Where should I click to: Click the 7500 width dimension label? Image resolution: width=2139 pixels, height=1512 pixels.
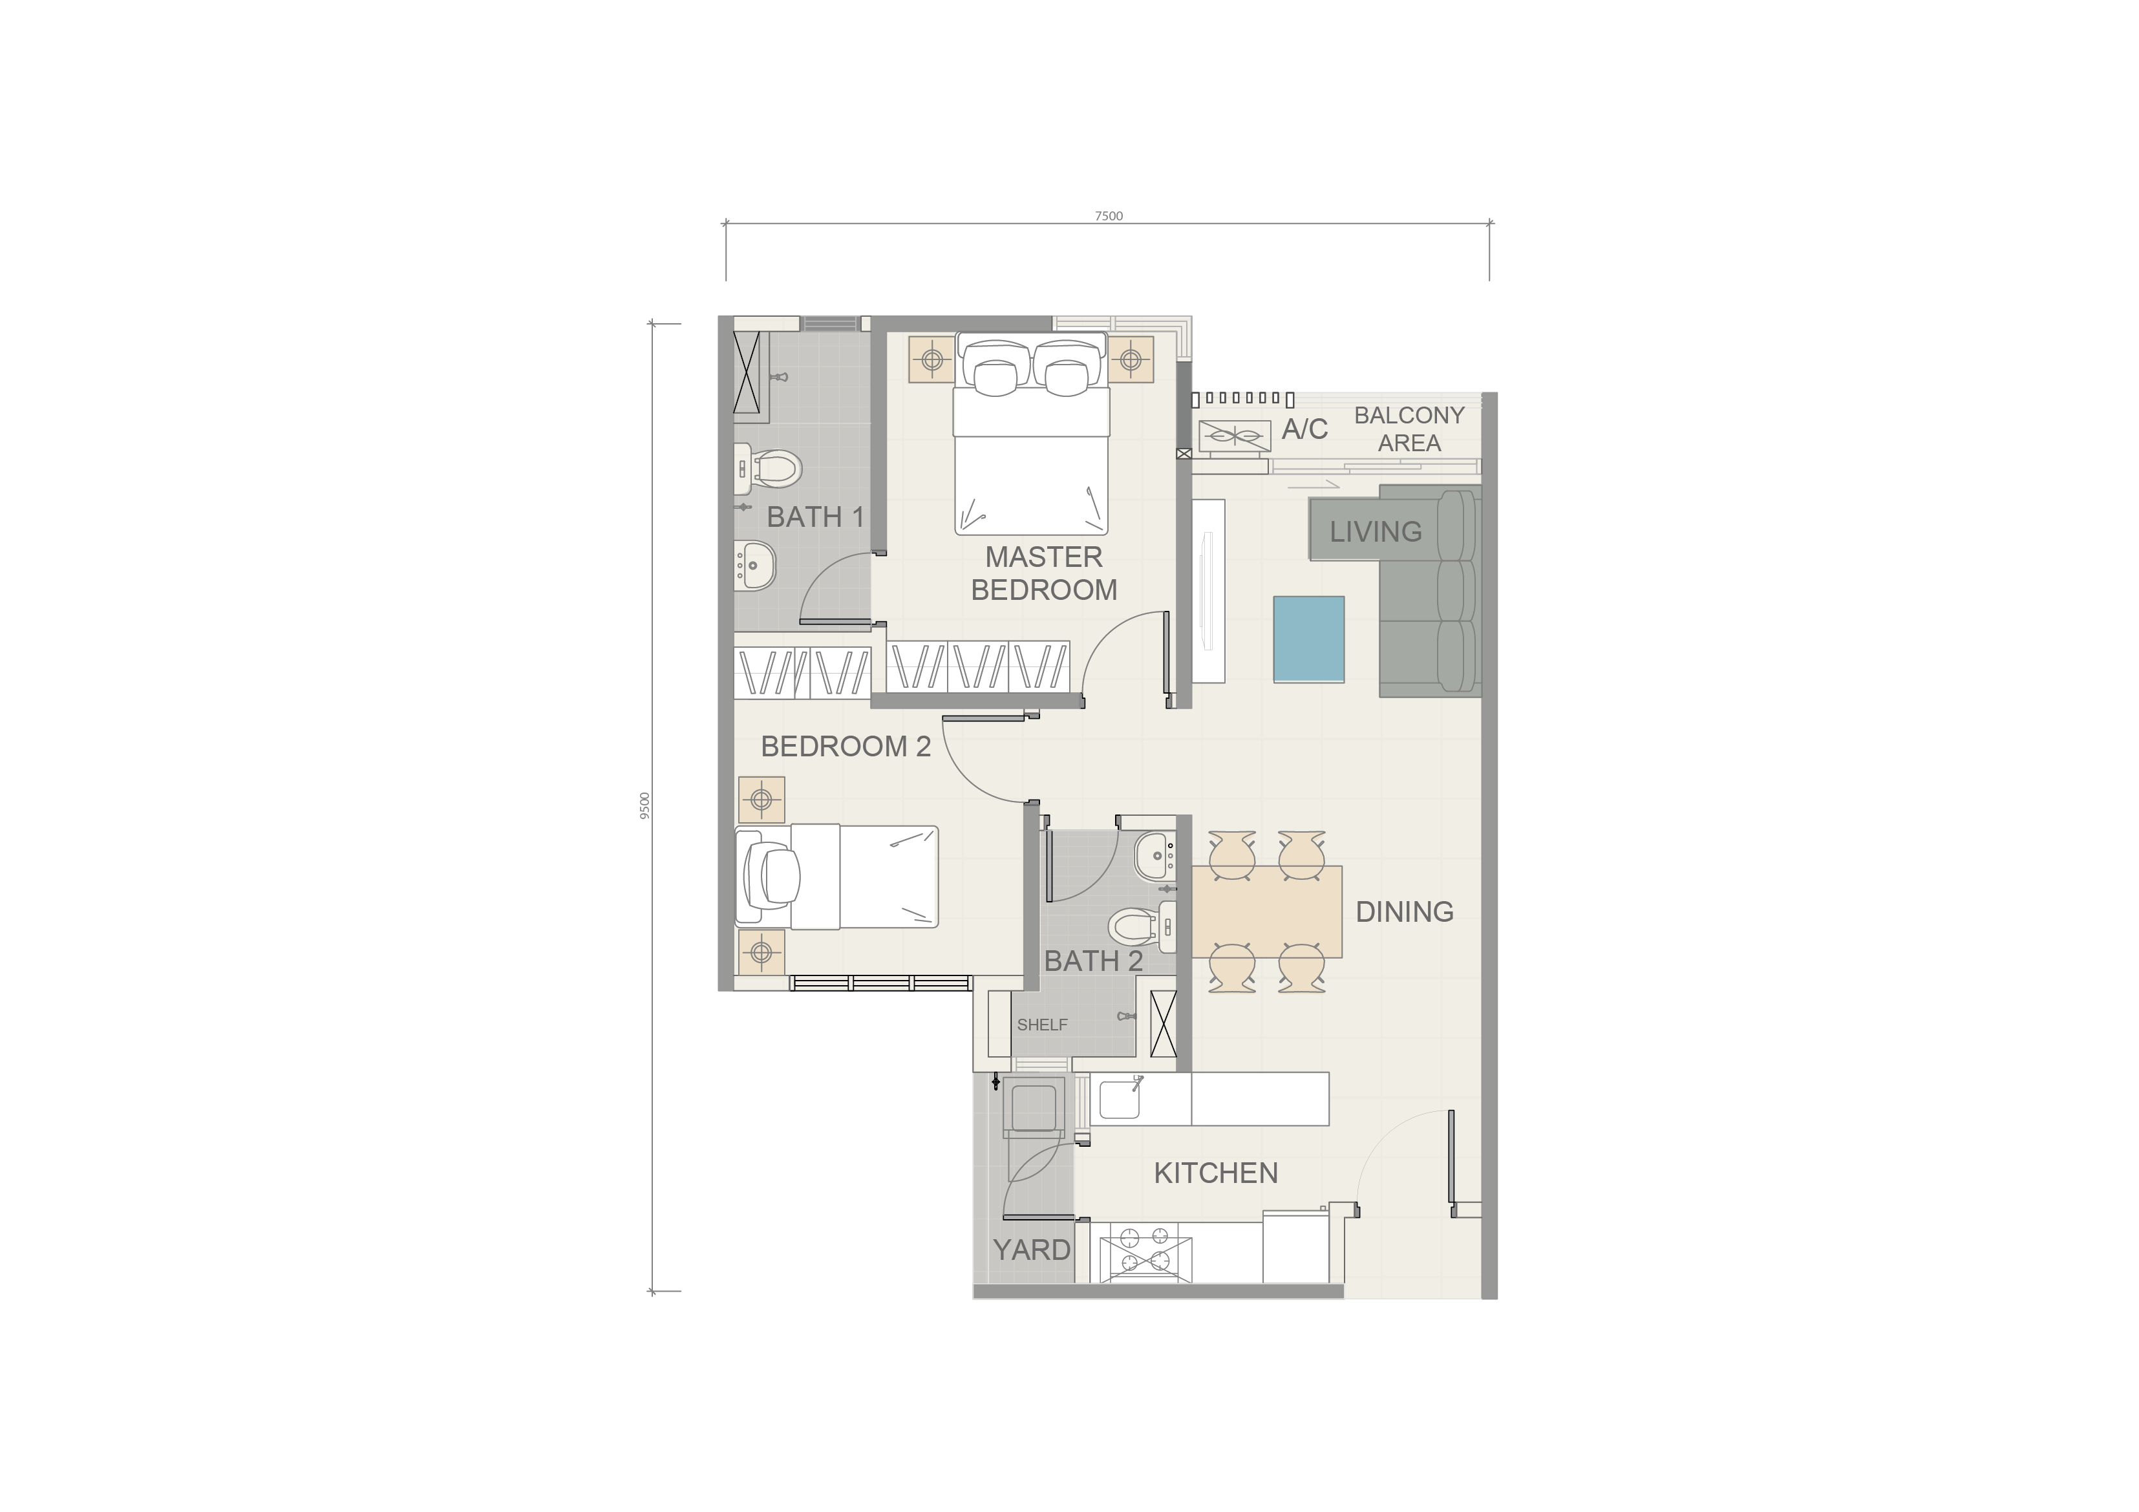tap(1109, 216)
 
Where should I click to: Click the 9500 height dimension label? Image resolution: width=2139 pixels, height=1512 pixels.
tap(644, 806)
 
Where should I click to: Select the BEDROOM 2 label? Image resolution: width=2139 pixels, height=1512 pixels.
tap(846, 746)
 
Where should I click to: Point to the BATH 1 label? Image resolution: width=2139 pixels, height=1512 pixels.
tap(815, 517)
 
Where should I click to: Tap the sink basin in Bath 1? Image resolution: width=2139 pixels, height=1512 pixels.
tap(756, 564)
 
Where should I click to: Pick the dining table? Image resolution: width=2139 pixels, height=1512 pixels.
tap(1267, 911)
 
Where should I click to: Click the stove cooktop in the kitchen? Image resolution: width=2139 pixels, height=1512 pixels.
tap(1145, 1250)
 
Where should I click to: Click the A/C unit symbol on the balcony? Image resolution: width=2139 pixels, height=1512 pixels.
tap(1235, 436)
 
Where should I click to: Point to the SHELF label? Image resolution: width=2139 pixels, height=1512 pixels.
tap(1043, 1025)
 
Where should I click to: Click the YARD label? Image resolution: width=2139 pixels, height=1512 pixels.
tap(1031, 1250)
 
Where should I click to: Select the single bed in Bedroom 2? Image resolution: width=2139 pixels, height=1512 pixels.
tap(836, 877)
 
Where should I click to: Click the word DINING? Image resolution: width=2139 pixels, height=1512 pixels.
tap(1404, 911)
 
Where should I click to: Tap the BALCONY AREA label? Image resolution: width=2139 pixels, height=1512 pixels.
tap(1409, 429)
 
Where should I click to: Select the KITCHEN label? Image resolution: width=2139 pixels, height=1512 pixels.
tap(1216, 1173)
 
